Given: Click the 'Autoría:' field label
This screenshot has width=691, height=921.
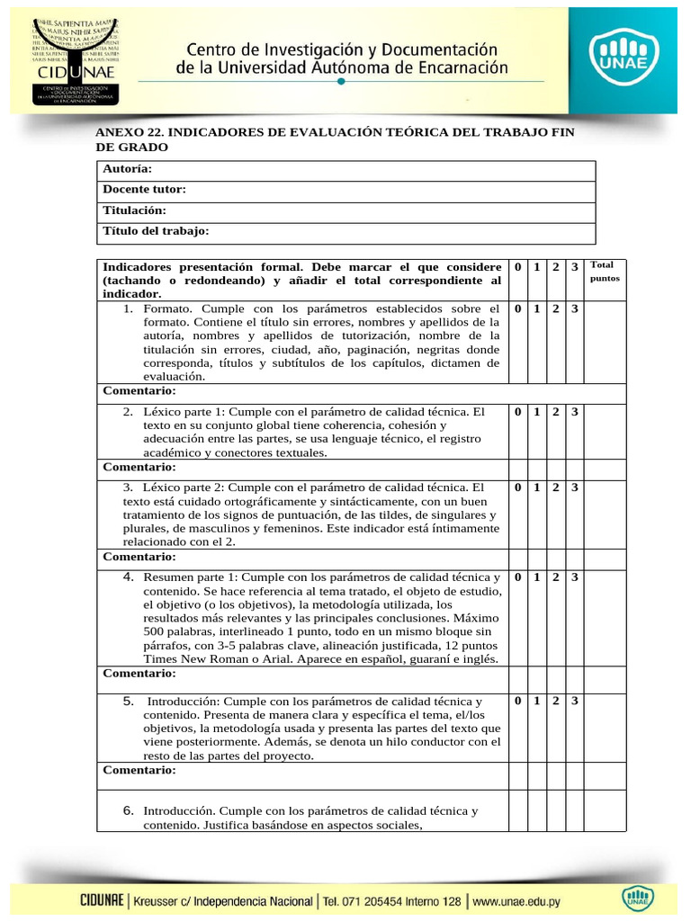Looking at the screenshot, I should (x=127, y=169).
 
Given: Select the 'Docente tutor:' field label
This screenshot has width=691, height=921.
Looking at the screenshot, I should (x=144, y=190).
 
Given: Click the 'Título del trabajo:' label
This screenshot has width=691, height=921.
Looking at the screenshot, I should (x=156, y=231).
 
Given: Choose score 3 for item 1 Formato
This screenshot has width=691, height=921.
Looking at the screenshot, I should (x=574, y=308).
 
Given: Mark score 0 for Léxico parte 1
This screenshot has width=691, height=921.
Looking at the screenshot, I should (x=517, y=412).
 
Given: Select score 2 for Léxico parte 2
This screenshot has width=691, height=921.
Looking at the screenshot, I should (x=555, y=487).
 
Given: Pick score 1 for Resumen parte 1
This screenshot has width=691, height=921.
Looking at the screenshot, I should (x=536, y=577).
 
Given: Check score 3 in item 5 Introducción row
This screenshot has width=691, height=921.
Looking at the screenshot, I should (x=574, y=701).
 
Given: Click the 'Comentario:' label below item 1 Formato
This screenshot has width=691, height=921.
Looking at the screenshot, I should (x=139, y=391).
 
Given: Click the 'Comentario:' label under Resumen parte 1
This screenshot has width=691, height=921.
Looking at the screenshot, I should (x=139, y=673).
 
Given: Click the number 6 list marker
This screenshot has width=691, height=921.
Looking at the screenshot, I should (x=129, y=810).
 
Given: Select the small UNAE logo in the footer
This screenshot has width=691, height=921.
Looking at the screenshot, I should (x=636, y=899).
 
